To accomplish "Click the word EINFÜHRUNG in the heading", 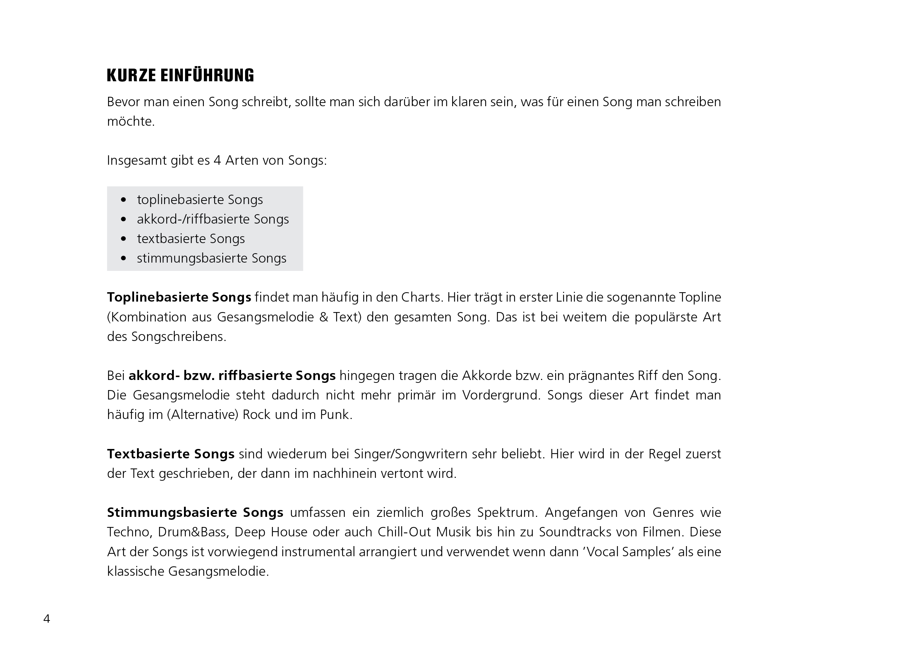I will point(207,75).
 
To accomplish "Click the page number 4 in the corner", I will point(47,619).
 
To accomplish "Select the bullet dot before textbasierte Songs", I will point(124,239).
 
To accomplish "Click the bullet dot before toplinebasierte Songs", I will point(124,200).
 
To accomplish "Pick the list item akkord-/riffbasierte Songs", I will point(213,219).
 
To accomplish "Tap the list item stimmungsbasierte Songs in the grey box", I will point(211,258).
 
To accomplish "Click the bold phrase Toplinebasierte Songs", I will point(179,297).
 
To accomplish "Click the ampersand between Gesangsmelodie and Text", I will point(323,317).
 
